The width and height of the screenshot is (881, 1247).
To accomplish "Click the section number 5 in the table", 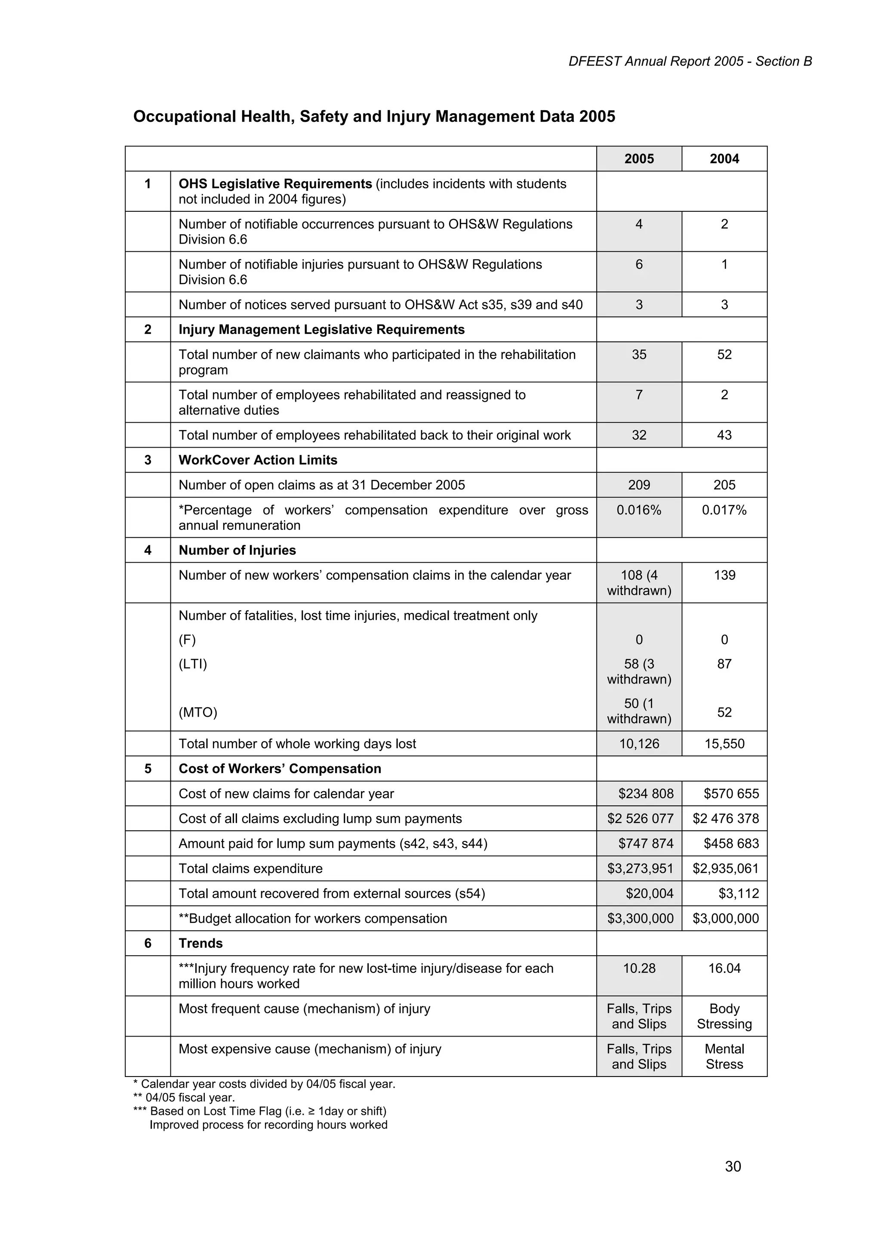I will [148, 768].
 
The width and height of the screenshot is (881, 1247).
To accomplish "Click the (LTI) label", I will [193, 664].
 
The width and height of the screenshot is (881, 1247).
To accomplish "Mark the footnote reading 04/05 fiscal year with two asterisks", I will [184, 1097].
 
